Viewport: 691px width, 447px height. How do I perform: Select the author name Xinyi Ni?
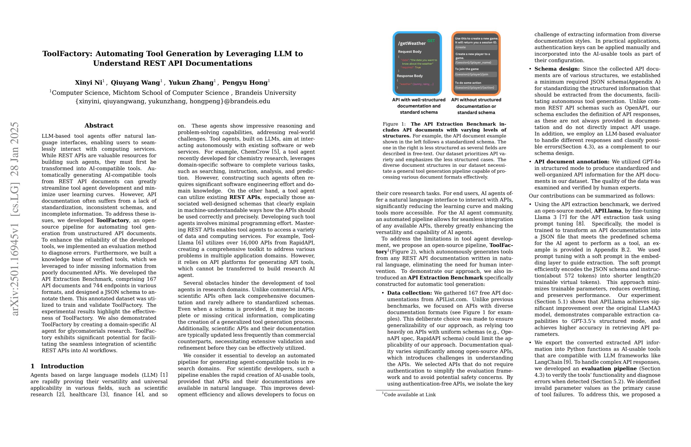[89, 82]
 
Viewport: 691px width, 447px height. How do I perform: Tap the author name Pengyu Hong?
[245, 82]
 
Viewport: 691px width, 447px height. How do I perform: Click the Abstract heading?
[99, 126]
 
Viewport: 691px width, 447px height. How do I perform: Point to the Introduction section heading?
[62, 366]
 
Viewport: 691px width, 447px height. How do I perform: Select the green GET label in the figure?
[431, 41]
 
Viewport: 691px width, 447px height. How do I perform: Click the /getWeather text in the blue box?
[412, 43]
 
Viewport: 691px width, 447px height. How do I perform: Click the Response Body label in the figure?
[410, 76]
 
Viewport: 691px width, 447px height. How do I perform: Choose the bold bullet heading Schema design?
[557, 69]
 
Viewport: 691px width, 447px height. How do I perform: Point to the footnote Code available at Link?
[410, 395]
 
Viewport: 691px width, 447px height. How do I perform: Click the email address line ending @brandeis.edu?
[173, 101]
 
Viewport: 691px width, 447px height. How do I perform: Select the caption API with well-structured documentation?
[419, 106]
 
